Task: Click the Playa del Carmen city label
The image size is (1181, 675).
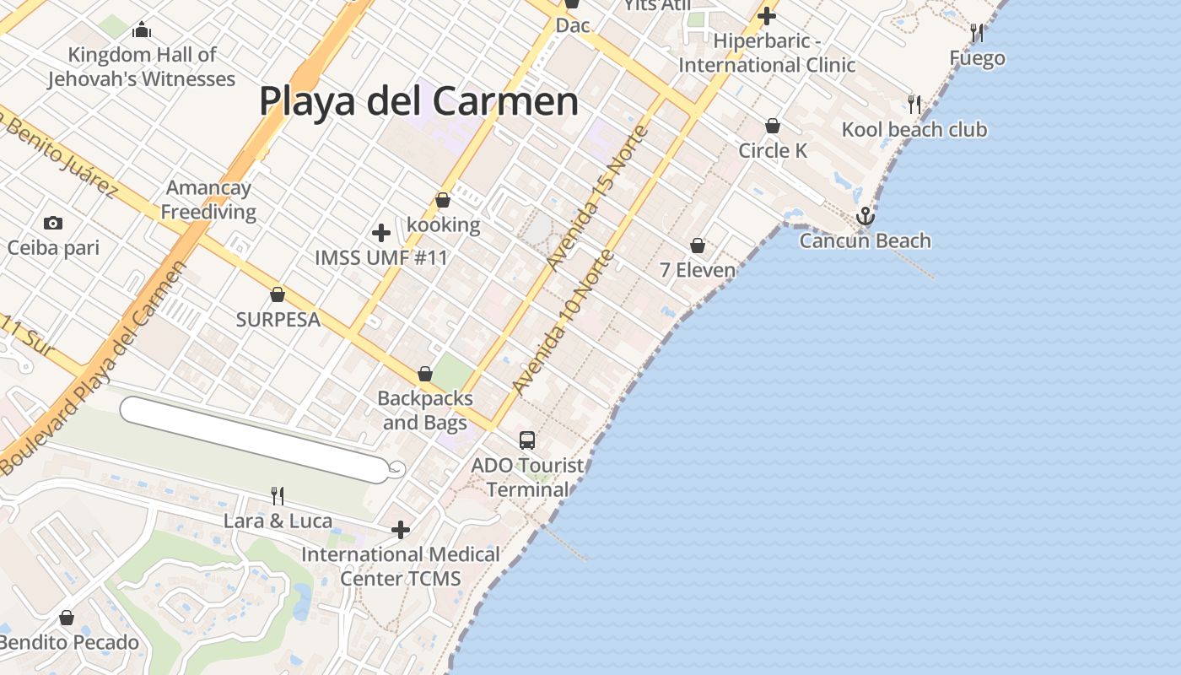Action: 418,101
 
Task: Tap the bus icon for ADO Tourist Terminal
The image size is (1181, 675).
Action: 527,440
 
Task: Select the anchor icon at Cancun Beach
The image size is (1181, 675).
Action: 865,217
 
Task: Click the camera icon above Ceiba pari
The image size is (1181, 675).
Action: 53,223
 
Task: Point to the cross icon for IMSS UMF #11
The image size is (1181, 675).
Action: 381,233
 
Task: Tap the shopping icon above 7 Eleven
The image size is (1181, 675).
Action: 698,246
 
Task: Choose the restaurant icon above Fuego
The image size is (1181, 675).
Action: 977,33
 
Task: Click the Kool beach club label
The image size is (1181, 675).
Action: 914,130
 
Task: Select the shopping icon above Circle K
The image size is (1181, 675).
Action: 772,126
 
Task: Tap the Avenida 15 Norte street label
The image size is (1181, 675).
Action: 597,198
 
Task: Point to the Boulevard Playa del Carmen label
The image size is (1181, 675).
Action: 93,367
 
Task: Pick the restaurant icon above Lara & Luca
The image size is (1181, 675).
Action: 277,495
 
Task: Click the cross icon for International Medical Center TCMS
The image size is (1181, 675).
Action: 401,530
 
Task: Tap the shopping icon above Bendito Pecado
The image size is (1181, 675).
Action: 67,618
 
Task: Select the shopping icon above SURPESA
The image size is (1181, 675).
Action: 277,294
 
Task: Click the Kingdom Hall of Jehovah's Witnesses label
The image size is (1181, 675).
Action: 142,67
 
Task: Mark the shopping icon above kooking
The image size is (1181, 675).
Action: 442,200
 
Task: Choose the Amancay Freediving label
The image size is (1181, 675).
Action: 208,200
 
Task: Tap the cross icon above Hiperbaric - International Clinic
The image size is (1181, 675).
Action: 766,15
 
